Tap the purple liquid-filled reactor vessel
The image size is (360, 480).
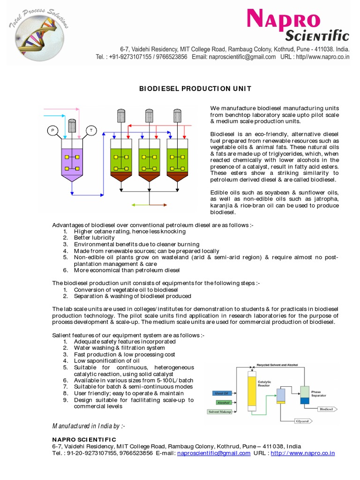(x=71, y=162)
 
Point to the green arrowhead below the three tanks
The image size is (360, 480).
(x=134, y=205)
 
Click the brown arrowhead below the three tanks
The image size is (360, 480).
(x=166, y=205)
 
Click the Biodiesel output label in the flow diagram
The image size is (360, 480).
(x=326, y=409)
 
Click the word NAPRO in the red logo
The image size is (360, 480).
(x=284, y=22)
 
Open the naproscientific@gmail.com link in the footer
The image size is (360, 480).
(x=214, y=453)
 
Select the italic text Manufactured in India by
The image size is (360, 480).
(x=89, y=426)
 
